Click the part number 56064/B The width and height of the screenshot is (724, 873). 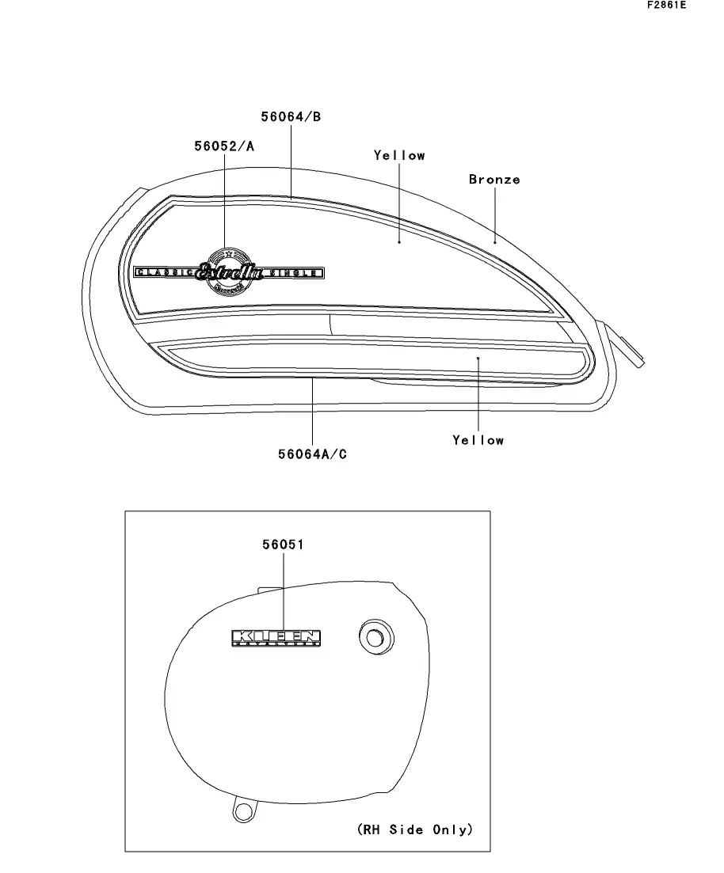pyautogui.click(x=291, y=117)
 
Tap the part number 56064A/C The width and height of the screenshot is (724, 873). pyautogui.click(x=312, y=454)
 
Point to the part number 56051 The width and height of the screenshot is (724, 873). pyautogui.click(x=284, y=545)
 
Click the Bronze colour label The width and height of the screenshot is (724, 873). pyautogui.click(x=494, y=180)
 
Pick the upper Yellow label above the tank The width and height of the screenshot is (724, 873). pyautogui.click(x=399, y=156)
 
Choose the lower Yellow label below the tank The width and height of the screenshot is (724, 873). pyautogui.click(x=478, y=439)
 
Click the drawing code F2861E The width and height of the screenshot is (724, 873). pyautogui.click(x=666, y=6)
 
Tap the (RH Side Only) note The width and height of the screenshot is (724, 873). pyautogui.click(x=414, y=829)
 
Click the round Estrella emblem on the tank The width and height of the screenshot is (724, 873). pyautogui.click(x=229, y=271)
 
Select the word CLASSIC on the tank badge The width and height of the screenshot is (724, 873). pyautogui.click(x=165, y=273)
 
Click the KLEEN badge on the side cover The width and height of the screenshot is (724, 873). pyautogui.click(x=276, y=637)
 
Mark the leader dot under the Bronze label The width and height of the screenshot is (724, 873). pyautogui.click(x=495, y=241)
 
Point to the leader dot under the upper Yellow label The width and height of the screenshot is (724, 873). pyautogui.click(x=399, y=242)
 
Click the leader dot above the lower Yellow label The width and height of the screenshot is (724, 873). pyautogui.click(x=478, y=359)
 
